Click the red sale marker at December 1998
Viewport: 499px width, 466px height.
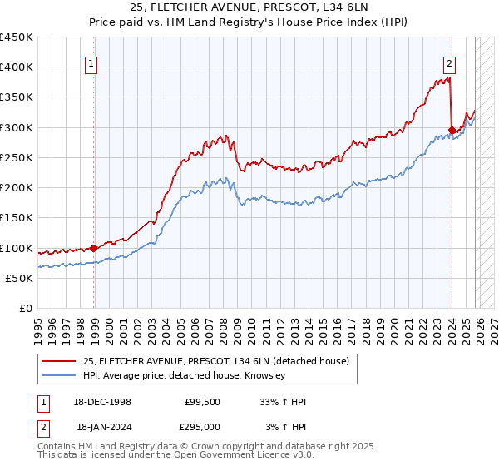coord(93,247)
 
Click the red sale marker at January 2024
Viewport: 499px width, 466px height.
coord(452,130)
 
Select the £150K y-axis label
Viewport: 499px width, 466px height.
coord(17,218)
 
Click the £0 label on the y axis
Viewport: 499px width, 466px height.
coord(26,309)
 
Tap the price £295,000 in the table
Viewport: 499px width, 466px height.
coord(201,426)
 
